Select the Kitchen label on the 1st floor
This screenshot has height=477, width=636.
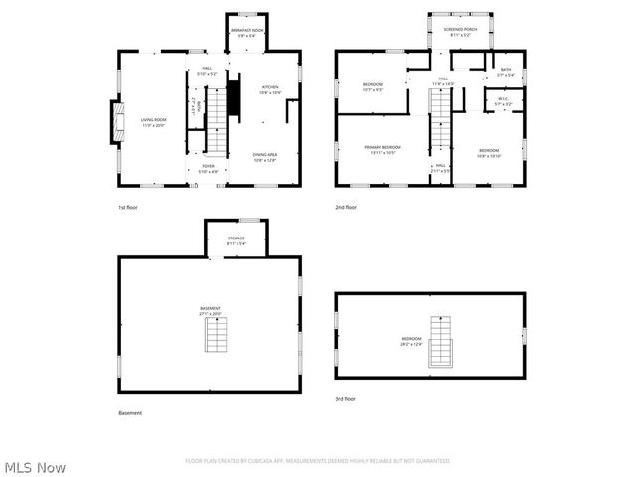point(270,90)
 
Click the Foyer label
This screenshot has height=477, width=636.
point(209,168)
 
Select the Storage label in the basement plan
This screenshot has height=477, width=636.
point(236,240)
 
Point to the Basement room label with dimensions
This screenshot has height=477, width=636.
point(211,311)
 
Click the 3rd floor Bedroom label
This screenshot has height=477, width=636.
point(412,342)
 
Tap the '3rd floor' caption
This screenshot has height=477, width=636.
point(345,398)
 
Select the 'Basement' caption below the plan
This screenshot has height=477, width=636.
point(130,413)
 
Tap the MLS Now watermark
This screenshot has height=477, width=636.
point(36,466)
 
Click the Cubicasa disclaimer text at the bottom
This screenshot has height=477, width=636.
point(318,461)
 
